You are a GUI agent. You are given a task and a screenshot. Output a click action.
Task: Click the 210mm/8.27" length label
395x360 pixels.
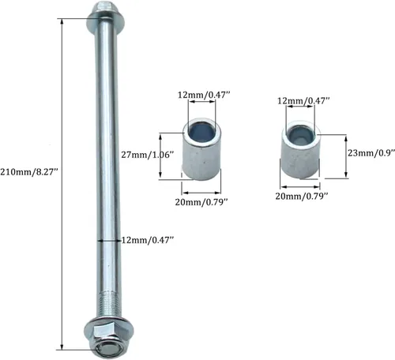[29, 172]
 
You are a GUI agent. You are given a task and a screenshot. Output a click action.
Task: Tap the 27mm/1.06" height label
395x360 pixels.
[148, 155]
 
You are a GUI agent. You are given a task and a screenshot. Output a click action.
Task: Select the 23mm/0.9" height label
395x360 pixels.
[371, 152]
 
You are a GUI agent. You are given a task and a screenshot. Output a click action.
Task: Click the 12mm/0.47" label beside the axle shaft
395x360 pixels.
[148, 240]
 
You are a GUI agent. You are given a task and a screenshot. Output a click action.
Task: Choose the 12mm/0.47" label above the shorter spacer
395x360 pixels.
[303, 100]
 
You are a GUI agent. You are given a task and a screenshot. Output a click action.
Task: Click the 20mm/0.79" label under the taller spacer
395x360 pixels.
[201, 202]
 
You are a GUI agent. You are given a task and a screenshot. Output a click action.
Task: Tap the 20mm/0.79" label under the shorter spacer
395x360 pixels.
[302, 196]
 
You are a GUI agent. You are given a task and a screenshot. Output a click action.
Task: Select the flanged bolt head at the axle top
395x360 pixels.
[107, 18]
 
